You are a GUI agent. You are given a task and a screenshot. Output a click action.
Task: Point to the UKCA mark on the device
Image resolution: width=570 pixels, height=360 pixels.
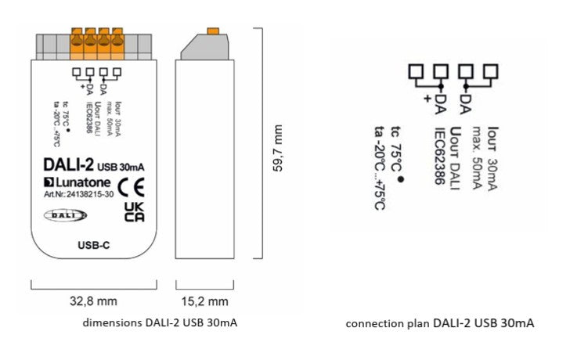tap(134, 212)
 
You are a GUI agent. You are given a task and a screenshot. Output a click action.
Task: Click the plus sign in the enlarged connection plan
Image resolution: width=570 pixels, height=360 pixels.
tap(427, 99)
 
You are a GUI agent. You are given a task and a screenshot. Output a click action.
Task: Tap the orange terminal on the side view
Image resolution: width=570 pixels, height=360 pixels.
tap(212, 31)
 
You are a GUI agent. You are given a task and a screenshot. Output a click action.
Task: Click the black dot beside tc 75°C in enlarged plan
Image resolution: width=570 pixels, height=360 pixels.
tap(400, 180)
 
